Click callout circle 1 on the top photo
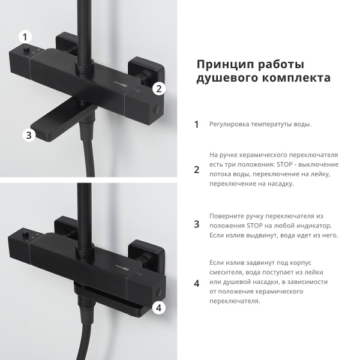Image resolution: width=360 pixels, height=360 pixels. (25, 37)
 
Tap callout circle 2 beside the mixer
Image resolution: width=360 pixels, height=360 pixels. (158, 88)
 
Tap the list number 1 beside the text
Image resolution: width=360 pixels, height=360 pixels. (196, 125)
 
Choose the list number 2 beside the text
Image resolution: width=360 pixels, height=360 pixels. (196, 169)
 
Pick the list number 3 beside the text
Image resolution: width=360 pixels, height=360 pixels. (196, 224)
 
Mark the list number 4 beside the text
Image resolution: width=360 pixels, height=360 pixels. (196, 284)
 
